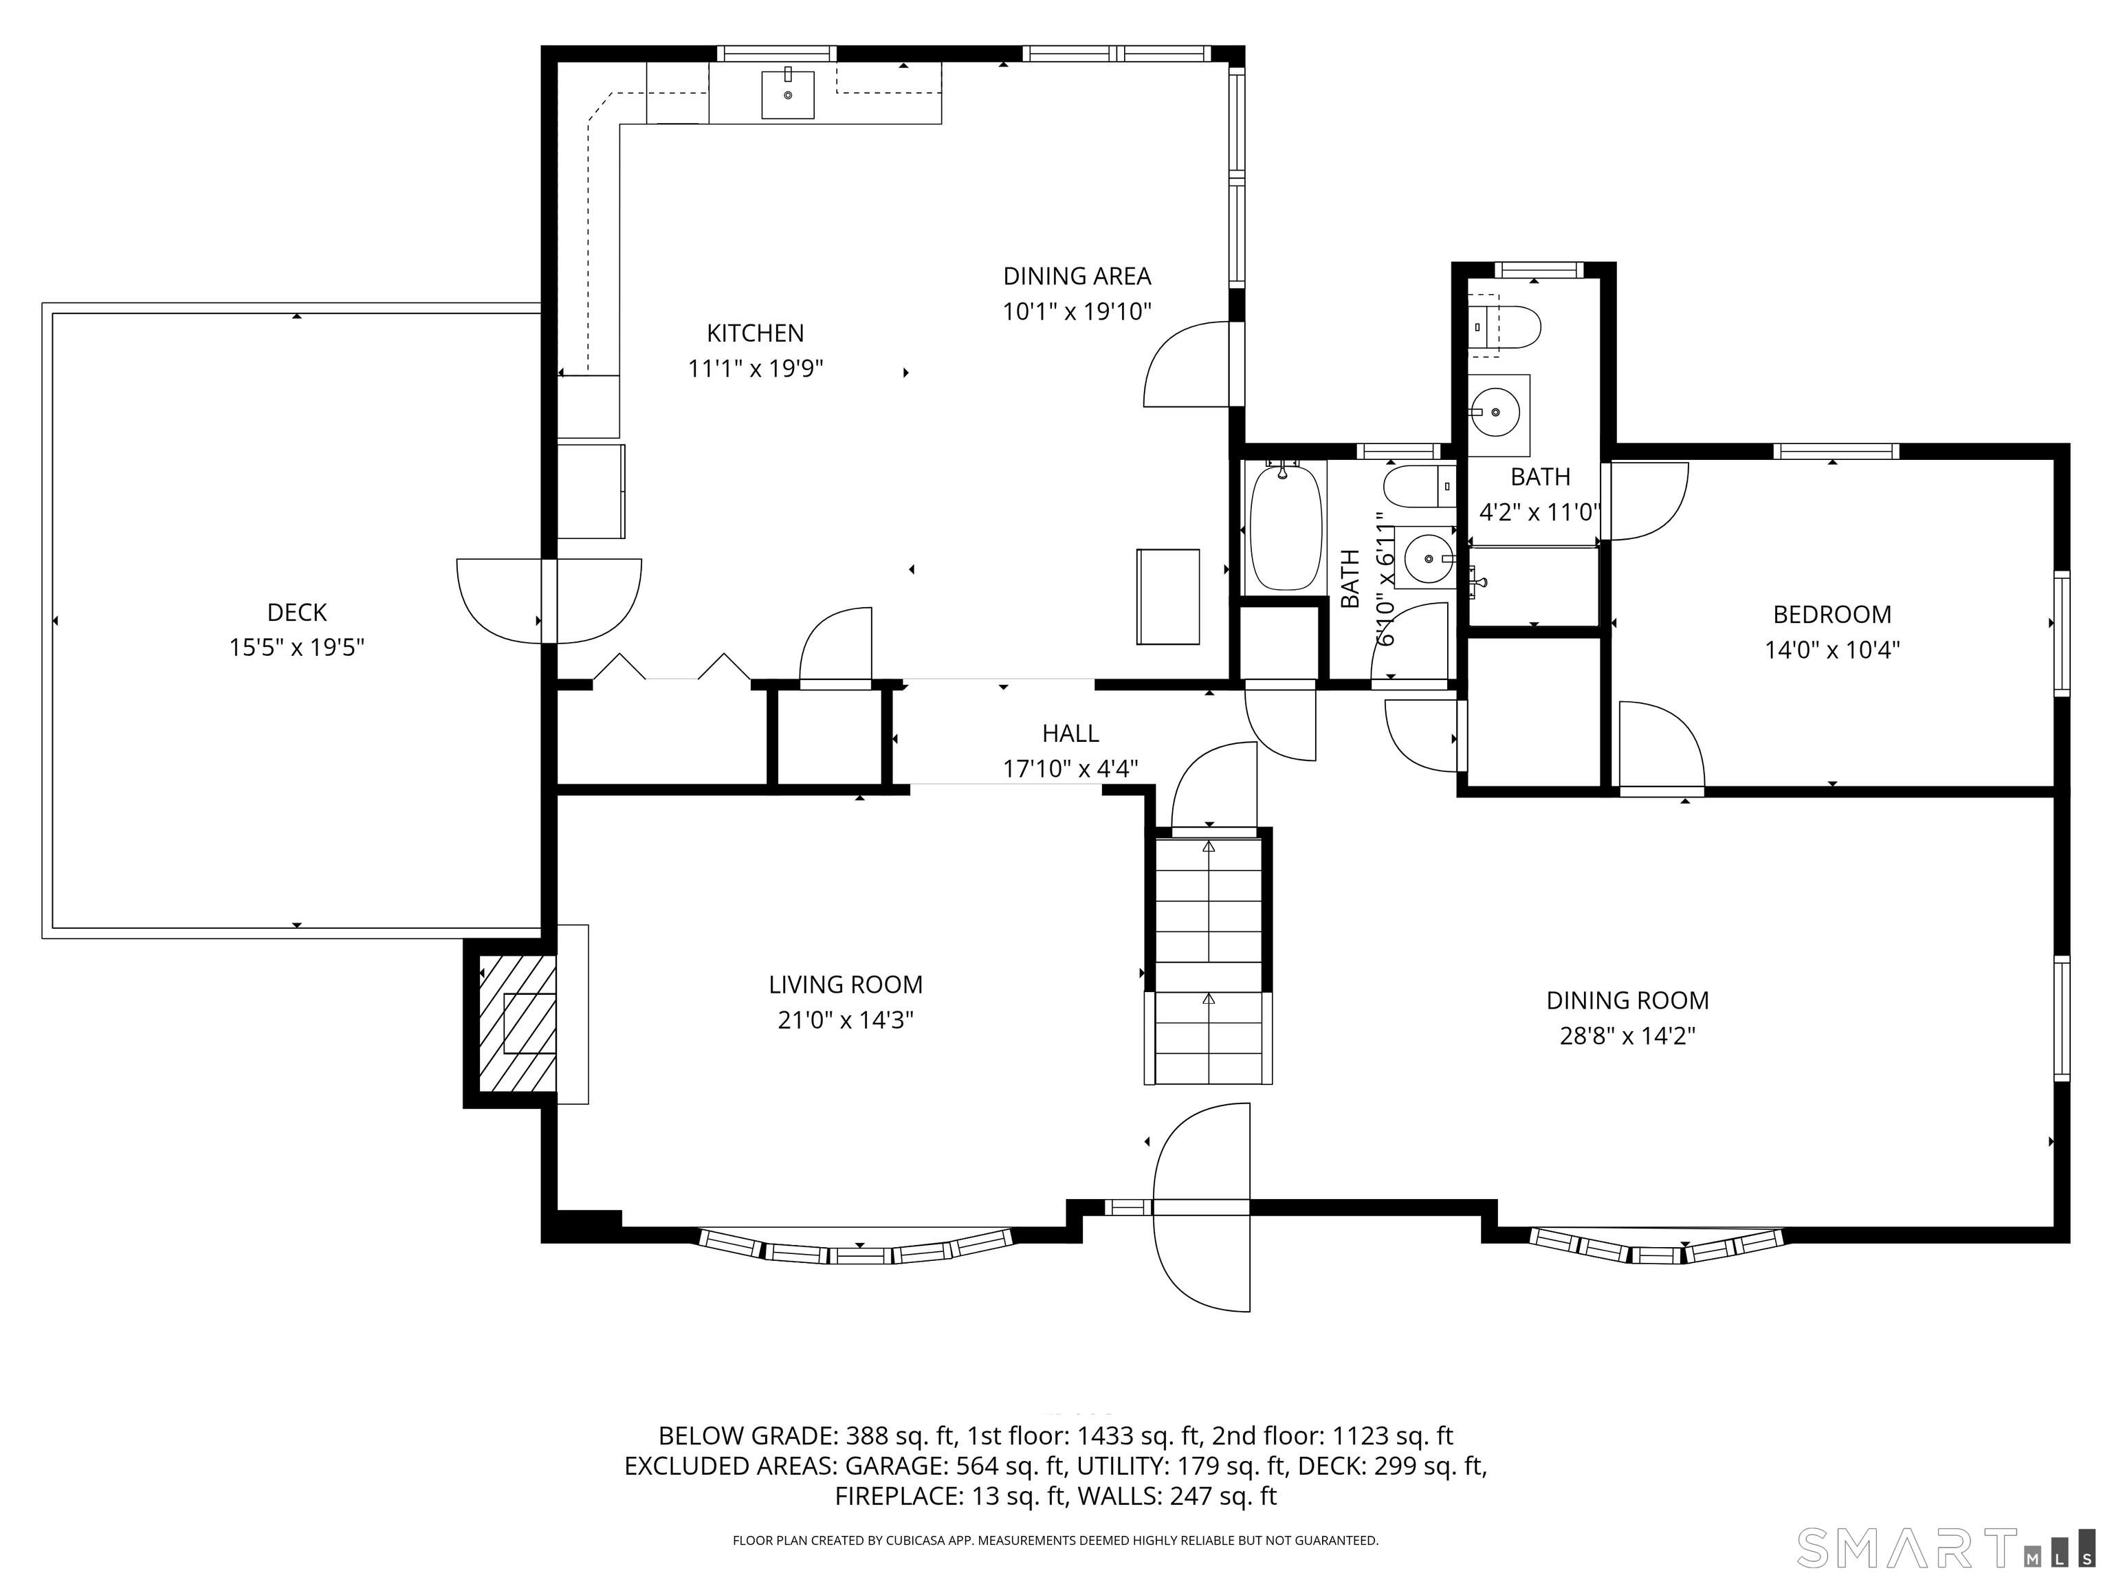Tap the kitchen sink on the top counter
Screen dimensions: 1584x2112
tap(788, 94)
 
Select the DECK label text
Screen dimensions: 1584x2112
tap(297, 612)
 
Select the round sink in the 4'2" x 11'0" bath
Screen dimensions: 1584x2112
tap(1495, 413)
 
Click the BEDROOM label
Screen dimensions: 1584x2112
tap(1831, 614)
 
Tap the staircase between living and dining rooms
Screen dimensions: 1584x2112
tap(1209, 960)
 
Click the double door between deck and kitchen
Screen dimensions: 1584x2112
tap(549, 601)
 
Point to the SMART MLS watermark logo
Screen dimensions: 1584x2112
tap(1943, 1549)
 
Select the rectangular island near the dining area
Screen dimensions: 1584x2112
tap(1167, 597)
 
